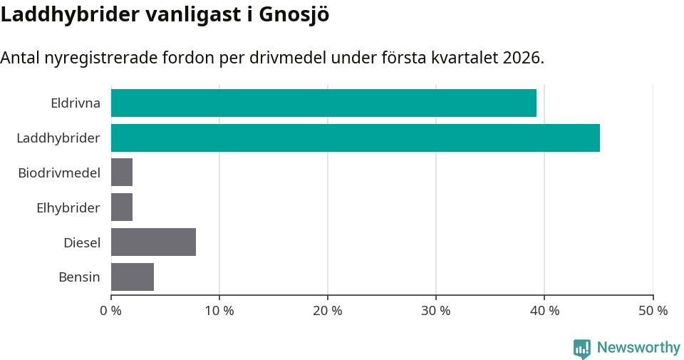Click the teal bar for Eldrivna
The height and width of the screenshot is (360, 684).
[x=323, y=103]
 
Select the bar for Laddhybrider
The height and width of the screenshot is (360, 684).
[x=355, y=138]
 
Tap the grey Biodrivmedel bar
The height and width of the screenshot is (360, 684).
[x=122, y=173]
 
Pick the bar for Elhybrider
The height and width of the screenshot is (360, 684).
[x=122, y=207]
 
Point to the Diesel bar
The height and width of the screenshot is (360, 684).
[x=153, y=242]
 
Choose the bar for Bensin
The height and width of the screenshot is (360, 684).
[x=133, y=277]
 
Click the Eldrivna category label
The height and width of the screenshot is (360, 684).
[x=76, y=103]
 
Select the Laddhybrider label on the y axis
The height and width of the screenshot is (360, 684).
[x=58, y=138]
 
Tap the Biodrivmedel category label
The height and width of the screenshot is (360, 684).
[x=59, y=173]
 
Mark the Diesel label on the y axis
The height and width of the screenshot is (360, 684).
[x=82, y=243]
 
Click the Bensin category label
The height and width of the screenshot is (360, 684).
[x=79, y=277]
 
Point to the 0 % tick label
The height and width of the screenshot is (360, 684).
[x=111, y=311]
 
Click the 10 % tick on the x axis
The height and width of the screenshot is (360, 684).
[x=219, y=311]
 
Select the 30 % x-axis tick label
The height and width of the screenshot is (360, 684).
[x=436, y=311]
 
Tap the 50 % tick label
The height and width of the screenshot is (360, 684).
[x=653, y=311]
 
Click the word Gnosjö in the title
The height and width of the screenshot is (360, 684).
[x=294, y=14]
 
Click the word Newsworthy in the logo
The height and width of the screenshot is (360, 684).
[x=638, y=348]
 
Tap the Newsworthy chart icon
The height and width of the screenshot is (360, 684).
[x=582, y=349]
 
